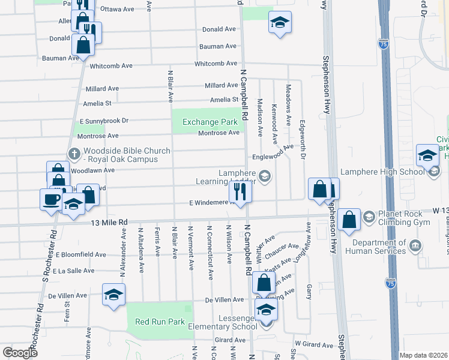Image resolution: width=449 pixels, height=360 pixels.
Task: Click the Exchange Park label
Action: (206, 122)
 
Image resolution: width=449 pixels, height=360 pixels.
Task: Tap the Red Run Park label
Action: (160, 322)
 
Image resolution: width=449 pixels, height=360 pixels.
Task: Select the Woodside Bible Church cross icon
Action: (74, 153)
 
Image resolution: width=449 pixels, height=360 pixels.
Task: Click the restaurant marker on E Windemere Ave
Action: (240, 192)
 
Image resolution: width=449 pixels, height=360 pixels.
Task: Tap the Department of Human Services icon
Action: (415, 245)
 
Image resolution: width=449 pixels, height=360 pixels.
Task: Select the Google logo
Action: (19, 353)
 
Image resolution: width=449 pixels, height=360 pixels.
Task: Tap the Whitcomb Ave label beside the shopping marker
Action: (110, 65)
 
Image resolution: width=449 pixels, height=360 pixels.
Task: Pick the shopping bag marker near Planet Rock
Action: (349, 220)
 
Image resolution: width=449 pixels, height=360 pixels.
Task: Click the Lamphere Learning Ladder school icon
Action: (265, 176)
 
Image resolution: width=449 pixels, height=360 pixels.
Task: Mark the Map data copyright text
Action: (424, 355)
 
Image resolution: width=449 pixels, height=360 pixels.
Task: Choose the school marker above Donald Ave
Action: (279, 23)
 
